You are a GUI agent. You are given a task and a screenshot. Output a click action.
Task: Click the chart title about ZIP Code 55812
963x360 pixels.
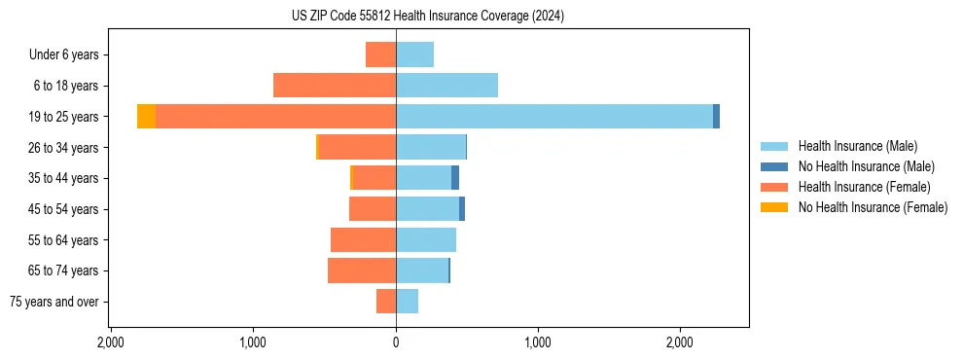pos(420,16)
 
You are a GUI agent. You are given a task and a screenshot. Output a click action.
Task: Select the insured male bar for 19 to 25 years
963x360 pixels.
pos(554,116)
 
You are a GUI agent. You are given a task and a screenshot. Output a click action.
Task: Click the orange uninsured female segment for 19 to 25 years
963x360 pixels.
pos(146,116)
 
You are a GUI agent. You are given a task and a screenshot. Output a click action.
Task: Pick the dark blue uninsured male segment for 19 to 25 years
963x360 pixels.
pos(716,116)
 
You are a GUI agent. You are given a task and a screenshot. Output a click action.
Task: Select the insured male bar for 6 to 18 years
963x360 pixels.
pos(446,85)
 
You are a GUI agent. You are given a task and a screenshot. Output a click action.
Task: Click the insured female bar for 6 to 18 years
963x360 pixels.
pos(335,85)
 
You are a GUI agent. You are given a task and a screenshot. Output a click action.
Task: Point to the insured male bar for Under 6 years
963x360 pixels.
pos(414,54)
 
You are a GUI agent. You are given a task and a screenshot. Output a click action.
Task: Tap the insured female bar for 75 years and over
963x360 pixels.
pos(386,302)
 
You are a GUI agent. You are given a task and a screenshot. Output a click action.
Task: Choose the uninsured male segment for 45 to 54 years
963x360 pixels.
pos(462,208)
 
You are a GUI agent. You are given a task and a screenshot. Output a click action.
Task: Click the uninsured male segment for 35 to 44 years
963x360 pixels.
pos(455,177)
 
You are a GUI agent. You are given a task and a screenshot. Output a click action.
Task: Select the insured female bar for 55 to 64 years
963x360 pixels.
pos(363,239)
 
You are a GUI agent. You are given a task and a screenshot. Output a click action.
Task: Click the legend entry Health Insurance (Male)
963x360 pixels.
pos(857,146)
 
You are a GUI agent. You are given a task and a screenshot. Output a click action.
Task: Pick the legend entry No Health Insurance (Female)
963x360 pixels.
pos(873,207)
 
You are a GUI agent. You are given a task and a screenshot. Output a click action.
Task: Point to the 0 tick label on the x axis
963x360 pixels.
pos(396,343)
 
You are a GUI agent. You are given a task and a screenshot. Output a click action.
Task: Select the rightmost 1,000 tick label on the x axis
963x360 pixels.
pos(538,343)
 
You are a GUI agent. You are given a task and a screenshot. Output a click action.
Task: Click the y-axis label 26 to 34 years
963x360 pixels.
pos(64,147)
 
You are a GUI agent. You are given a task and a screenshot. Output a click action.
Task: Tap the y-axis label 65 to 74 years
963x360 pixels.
pos(64,270)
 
